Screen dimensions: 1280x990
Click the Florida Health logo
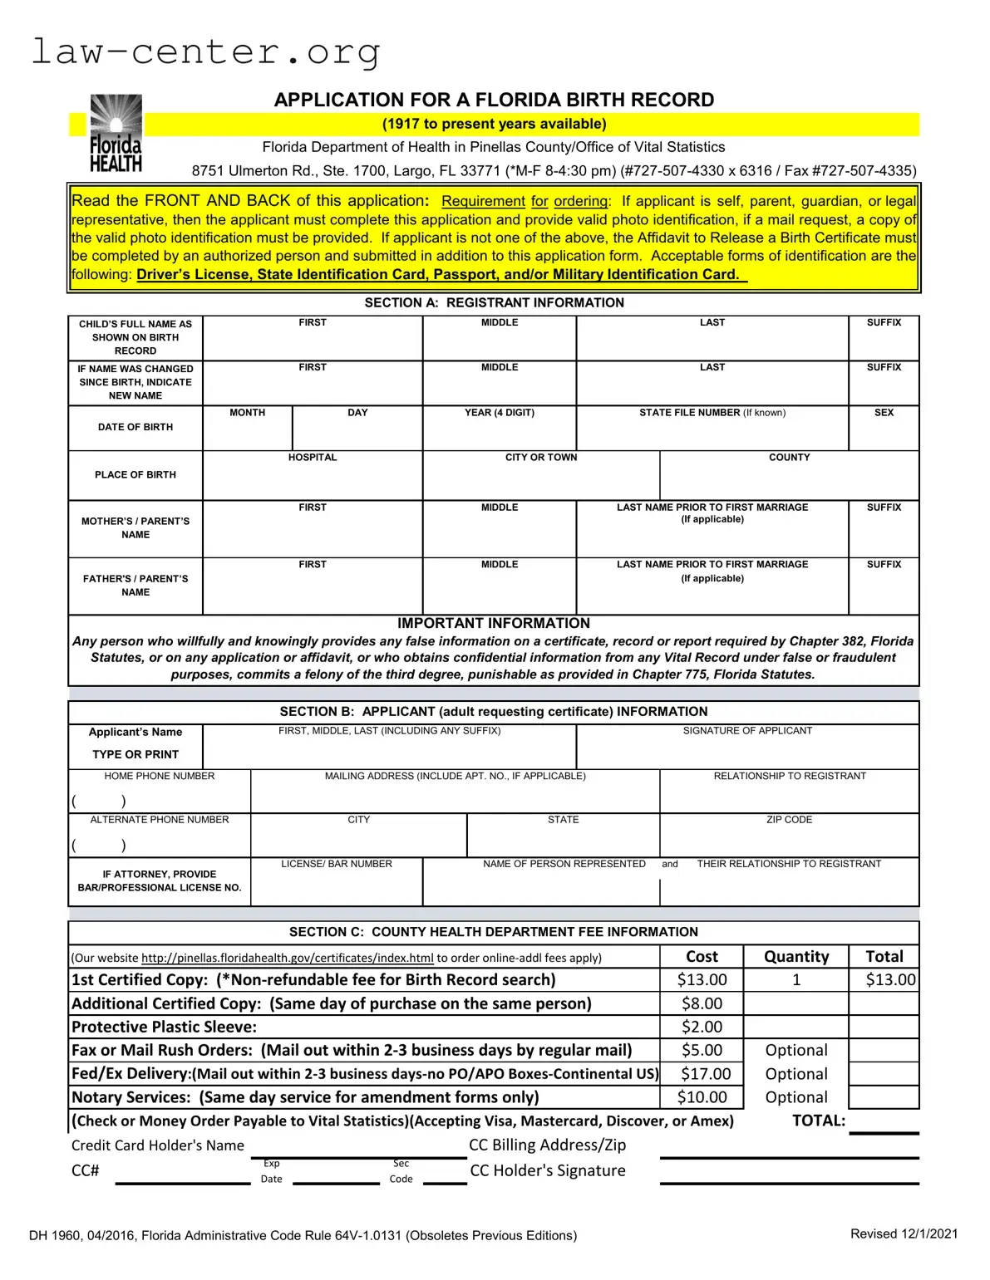pyautogui.click(x=116, y=133)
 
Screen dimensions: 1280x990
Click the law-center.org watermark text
pyautogui.click(x=205, y=51)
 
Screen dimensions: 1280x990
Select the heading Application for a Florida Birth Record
pyautogui.click(x=494, y=100)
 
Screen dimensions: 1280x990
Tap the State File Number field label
pyautogui.click(x=712, y=413)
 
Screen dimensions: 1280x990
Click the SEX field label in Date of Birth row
pyautogui.click(x=884, y=413)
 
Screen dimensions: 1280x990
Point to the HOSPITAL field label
pyautogui.click(x=313, y=458)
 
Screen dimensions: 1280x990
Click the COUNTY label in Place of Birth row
pyautogui.click(x=789, y=458)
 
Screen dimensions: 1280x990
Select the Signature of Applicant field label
pyautogui.click(x=747, y=731)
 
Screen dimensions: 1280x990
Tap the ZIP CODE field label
pyautogui.click(x=789, y=820)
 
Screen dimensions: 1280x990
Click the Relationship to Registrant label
pyautogui.click(x=789, y=776)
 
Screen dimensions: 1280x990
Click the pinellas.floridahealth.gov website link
pyautogui.click(x=288, y=958)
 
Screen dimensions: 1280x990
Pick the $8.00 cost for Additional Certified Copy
pyautogui.click(x=702, y=1003)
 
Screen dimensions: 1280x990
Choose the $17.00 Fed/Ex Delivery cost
pyautogui.click(x=705, y=1074)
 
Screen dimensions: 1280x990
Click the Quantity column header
pyautogui.click(x=795, y=957)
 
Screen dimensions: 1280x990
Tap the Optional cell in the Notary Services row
pyautogui.click(x=795, y=1097)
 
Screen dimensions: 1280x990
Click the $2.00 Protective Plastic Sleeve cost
pyautogui.click(x=702, y=1027)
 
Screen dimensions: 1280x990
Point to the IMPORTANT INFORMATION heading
pyautogui.click(x=494, y=623)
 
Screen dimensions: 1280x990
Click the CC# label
pyautogui.click(x=86, y=1171)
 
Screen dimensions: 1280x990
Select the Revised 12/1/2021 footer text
pyautogui.click(x=904, y=1234)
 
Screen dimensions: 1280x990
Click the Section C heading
pyautogui.click(x=494, y=932)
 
